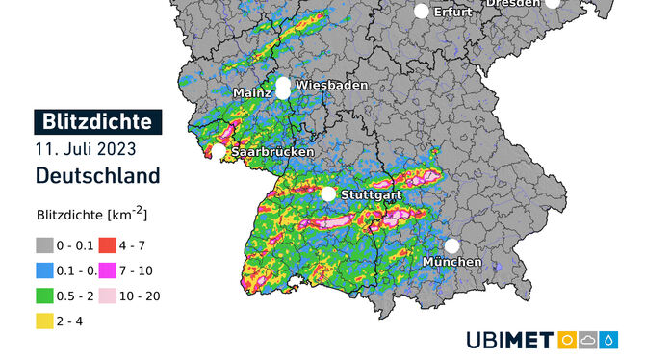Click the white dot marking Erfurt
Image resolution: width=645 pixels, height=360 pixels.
click(x=421, y=12)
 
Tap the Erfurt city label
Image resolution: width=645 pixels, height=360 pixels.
click(x=452, y=12)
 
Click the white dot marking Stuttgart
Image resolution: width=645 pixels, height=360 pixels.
click(x=328, y=194)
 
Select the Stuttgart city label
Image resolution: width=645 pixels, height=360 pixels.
click(x=372, y=194)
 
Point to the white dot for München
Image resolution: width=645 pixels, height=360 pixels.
click(x=451, y=245)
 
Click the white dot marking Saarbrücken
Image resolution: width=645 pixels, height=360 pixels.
click(x=219, y=151)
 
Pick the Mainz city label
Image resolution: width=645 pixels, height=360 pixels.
click(x=250, y=92)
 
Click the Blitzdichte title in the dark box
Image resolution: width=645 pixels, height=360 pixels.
click(x=98, y=122)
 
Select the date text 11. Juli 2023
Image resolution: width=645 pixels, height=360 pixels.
click(x=85, y=149)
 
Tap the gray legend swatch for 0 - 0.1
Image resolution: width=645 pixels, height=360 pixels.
click(x=44, y=244)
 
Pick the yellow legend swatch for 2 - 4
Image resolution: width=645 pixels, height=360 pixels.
click(x=44, y=320)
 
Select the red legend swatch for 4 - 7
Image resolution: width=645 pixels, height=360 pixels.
click(x=107, y=244)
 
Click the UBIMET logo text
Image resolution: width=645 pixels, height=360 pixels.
click(x=510, y=340)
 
